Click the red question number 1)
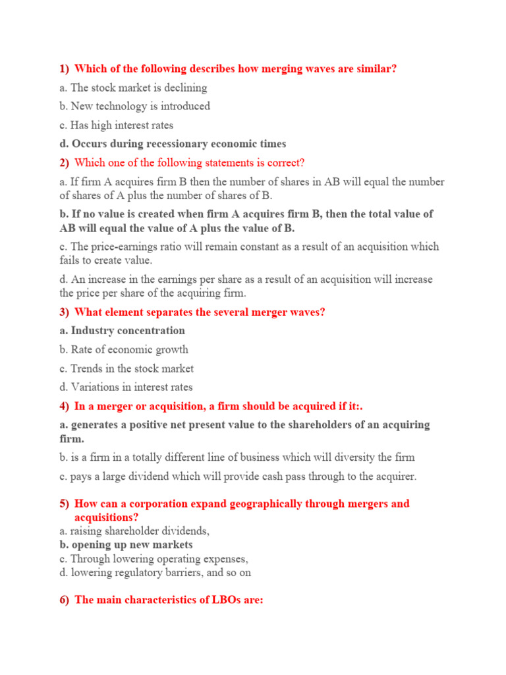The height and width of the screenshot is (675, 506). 64,69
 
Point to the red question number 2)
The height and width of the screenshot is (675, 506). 64,163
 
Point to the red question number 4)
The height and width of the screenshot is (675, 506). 64,405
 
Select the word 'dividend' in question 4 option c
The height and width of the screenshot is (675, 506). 144,476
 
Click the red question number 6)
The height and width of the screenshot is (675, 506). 64,601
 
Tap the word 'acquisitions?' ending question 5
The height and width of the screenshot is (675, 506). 106,517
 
